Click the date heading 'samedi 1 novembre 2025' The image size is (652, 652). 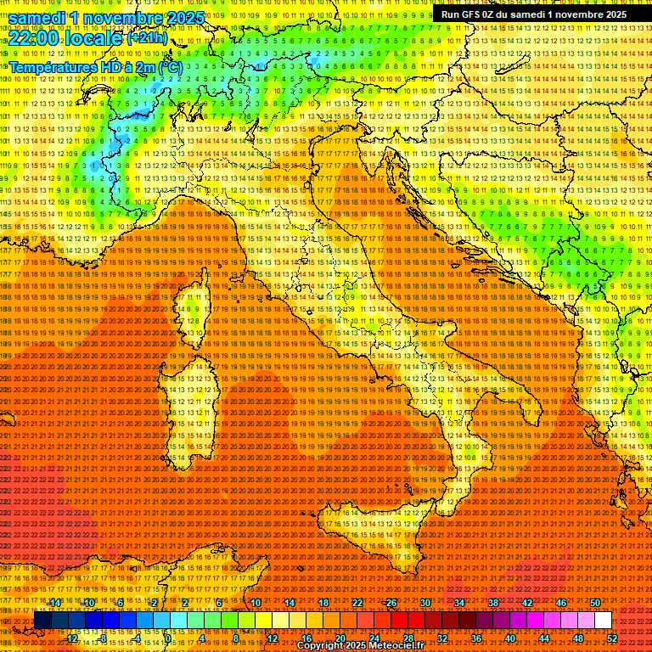106,18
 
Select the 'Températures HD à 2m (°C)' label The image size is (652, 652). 95,66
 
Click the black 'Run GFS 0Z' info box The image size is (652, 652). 533,14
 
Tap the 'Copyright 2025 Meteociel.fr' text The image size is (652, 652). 366,646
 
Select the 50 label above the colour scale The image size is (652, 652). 595,603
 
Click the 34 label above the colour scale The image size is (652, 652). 458,603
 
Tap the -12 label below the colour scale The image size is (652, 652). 71,638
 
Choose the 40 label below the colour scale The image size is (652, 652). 509,638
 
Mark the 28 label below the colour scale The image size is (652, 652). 407,638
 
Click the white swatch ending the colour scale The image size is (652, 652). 603,621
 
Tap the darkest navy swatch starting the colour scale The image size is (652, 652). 42,621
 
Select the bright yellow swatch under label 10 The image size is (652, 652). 263,621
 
